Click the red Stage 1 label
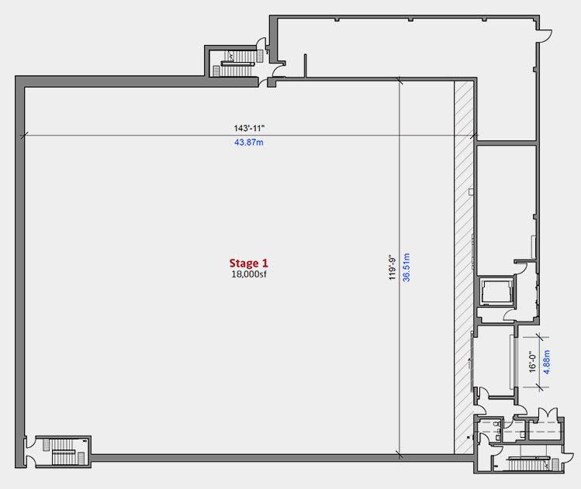coord(248,263)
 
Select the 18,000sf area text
coord(249,274)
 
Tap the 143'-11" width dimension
coord(249,128)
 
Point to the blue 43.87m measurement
coord(249,142)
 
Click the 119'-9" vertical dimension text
coord(393,267)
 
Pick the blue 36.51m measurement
coord(406,267)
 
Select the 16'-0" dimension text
coord(532,362)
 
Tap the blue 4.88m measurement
coord(546,362)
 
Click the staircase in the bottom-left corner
coord(64,452)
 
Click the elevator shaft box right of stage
coord(497,291)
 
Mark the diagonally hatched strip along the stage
coord(464,267)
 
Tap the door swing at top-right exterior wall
coord(545,36)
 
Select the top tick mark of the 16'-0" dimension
coord(539,337)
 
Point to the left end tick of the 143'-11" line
coord(24,136)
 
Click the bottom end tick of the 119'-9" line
coord(399,454)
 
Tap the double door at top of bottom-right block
coord(548,413)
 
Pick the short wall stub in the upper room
coord(306,66)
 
